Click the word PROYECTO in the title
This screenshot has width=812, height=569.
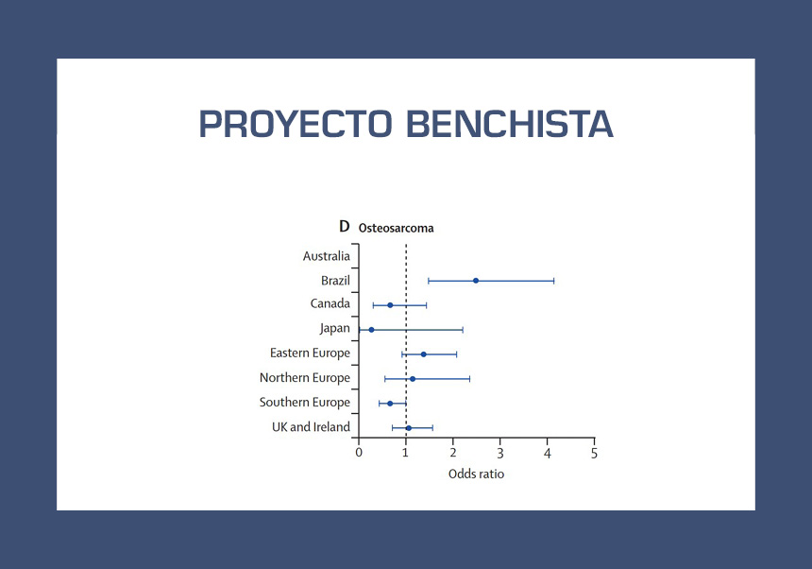click(296, 125)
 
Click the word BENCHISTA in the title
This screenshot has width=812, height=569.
click(510, 125)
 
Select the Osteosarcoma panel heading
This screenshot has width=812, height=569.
click(397, 228)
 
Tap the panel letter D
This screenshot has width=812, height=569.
click(345, 227)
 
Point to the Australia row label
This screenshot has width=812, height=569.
click(327, 256)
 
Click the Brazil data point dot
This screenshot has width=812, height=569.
click(476, 281)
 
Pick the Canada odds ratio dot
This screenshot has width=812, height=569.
click(390, 305)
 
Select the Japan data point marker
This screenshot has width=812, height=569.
click(371, 330)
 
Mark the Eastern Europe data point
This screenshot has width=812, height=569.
click(424, 354)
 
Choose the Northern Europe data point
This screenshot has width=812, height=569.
click(413, 379)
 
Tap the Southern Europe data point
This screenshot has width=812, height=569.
click(390, 404)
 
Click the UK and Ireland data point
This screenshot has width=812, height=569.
click(409, 428)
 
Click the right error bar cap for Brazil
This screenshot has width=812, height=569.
click(554, 281)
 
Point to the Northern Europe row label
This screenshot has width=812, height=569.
click(304, 378)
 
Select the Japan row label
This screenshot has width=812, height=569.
click(334, 329)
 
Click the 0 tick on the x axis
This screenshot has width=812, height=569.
click(359, 453)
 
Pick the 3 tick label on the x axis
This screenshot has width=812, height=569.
click(500, 454)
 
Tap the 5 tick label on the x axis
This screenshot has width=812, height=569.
click(595, 454)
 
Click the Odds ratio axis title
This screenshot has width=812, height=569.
click(476, 474)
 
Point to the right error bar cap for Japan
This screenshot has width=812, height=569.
click(463, 330)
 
